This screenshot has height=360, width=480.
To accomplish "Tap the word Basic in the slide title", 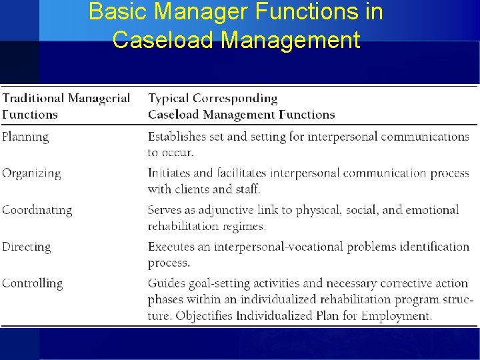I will (115, 11).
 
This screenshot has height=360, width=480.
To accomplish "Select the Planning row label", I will (25, 137).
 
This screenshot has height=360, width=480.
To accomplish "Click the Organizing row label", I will (31, 173).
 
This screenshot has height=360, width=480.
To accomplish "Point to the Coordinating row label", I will (37, 210).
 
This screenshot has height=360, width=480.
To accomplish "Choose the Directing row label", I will (26, 247).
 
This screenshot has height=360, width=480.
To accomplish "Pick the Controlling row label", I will (32, 283).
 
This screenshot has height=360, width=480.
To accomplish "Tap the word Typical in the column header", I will (168, 99).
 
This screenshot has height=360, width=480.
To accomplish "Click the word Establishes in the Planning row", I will (177, 137).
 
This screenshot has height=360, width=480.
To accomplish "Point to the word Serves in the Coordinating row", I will (165, 210).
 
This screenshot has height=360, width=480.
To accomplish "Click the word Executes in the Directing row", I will (171, 247).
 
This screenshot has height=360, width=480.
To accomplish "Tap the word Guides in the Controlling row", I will (166, 283).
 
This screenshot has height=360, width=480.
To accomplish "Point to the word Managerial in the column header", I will (99, 99).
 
